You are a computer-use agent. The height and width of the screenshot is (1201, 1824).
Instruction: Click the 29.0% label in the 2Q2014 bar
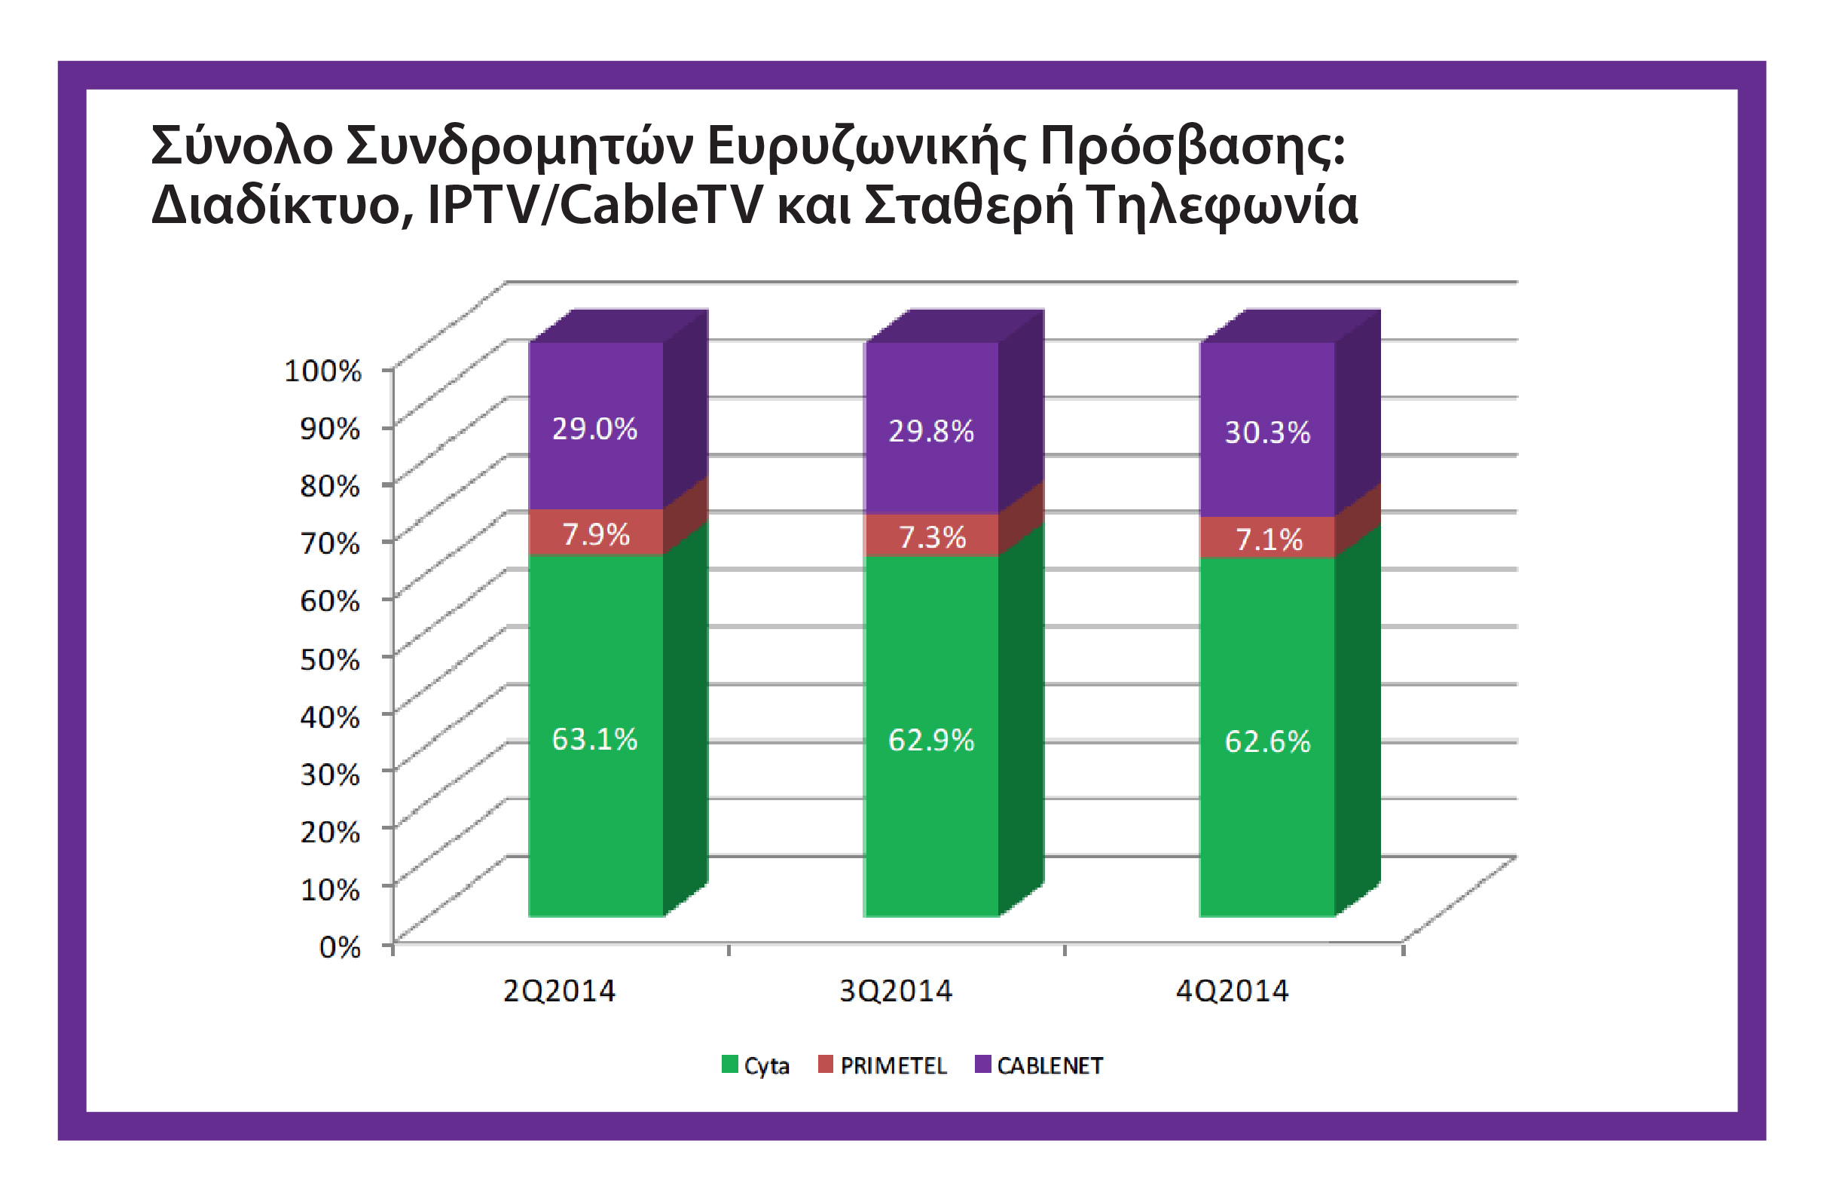pyautogui.click(x=594, y=429)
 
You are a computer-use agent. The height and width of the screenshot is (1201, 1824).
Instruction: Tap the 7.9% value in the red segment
pyautogui.click(x=595, y=534)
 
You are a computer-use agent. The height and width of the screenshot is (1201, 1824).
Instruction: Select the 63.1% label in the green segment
pyautogui.click(x=594, y=740)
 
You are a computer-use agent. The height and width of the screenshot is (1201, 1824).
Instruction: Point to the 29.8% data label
pyautogui.click(x=930, y=432)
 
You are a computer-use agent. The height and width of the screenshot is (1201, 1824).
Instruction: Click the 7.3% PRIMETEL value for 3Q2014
pyautogui.click(x=931, y=537)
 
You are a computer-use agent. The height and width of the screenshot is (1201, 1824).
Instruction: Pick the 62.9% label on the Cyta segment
pyautogui.click(x=930, y=741)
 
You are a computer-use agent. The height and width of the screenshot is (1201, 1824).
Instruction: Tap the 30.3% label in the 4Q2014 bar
pyautogui.click(x=1266, y=433)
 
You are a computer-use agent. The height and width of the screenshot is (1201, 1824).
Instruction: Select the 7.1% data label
pyautogui.click(x=1269, y=539)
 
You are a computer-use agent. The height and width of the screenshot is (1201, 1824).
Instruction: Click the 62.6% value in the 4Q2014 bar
pyautogui.click(x=1266, y=742)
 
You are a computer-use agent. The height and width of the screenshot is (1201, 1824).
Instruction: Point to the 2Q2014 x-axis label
pyautogui.click(x=559, y=992)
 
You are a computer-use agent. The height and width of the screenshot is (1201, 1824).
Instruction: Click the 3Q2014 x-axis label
pyautogui.click(x=895, y=992)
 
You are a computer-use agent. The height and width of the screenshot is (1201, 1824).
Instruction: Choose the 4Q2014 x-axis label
pyautogui.click(x=1232, y=992)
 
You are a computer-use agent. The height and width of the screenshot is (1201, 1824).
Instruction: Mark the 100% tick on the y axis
pyautogui.click(x=322, y=371)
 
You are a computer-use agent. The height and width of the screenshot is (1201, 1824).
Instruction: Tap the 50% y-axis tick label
pyautogui.click(x=329, y=659)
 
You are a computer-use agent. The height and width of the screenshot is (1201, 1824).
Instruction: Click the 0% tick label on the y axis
pyautogui.click(x=340, y=947)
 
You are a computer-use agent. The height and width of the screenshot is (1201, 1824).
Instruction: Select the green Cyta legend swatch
pyautogui.click(x=729, y=1065)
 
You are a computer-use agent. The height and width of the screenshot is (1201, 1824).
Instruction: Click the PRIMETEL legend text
pyautogui.click(x=893, y=1066)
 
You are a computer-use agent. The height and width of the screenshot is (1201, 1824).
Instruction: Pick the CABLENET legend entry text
pyautogui.click(x=1049, y=1066)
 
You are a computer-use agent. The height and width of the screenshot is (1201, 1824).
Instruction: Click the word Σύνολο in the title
pyautogui.click(x=241, y=145)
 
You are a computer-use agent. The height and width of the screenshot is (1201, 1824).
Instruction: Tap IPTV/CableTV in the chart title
pyautogui.click(x=594, y=206)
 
